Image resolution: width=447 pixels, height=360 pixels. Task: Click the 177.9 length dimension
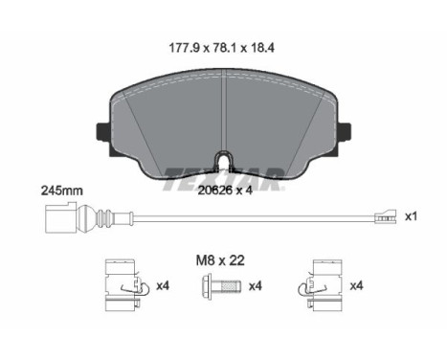pos(184,48)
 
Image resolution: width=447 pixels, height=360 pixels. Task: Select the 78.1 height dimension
pos(225,48)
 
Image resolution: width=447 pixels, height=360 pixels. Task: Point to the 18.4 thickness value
pos(262,48)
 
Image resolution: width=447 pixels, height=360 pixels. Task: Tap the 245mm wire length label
pos(62,191)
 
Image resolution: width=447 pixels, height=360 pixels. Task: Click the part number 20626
pos(214,191)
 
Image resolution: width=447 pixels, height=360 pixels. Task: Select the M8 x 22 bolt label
pos(220,260)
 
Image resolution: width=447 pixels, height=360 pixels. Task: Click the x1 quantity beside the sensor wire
pos(411,216)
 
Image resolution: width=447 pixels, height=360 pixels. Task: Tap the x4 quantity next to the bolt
pos(256,286)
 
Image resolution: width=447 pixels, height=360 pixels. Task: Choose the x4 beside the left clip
pos(163,285)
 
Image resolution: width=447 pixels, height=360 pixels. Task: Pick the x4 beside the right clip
pos(356,285)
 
